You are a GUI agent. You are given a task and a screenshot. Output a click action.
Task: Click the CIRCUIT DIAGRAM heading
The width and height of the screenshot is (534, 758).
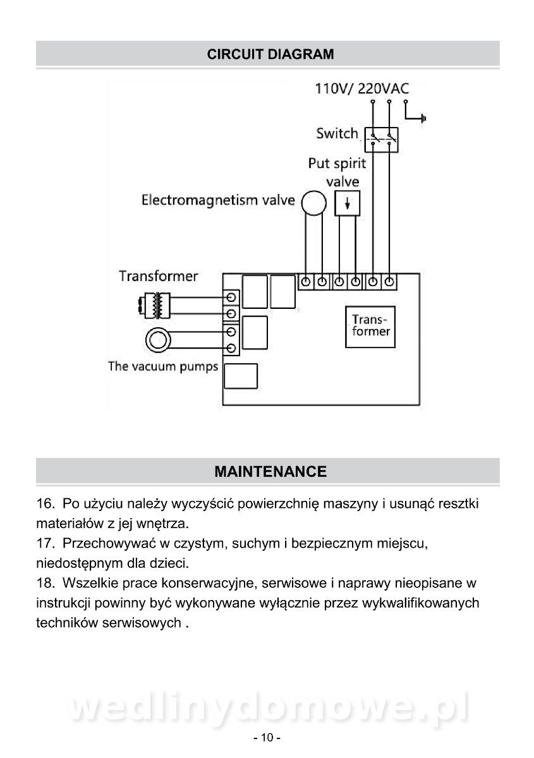(x=270, y=54)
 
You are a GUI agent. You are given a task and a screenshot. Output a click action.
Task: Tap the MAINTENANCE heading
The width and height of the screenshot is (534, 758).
(x=270, y=471)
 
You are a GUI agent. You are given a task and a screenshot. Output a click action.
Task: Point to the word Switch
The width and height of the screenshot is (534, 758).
(x=337, y=134)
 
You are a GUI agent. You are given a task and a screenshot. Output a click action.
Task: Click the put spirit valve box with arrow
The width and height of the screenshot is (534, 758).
(x=347, y=203)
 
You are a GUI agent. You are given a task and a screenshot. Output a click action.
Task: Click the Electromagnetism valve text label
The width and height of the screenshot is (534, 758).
(x=218, y=201)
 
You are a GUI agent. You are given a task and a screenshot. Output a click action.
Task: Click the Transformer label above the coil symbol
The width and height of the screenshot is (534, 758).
(x=158, y=276)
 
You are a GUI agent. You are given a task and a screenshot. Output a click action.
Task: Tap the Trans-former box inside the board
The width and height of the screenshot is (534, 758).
(x=370, y=326)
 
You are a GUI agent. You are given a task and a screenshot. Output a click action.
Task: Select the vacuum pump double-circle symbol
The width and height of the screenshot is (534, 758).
(x=159, y=340)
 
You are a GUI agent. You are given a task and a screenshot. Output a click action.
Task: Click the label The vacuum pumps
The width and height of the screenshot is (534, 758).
(x=163, y=366)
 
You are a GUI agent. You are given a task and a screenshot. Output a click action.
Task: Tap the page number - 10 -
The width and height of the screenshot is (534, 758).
(x=267, y=738)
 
